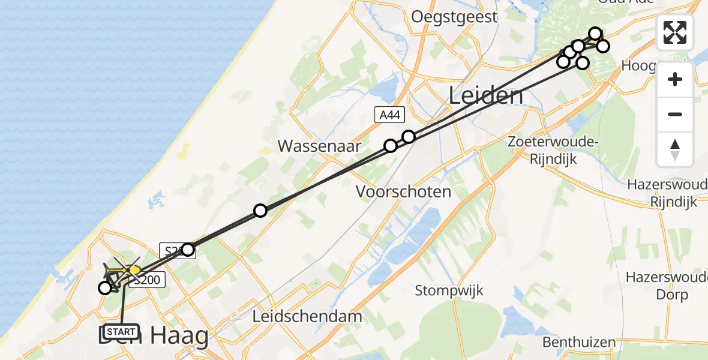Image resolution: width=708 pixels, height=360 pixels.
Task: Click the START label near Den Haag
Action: click(x=122, y=331)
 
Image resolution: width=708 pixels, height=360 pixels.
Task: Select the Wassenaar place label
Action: click(x=320, y=146)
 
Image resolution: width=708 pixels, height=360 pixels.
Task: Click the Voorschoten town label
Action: click(x=403, y=192)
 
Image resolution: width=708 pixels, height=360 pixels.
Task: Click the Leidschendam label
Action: click(x=307, y=316)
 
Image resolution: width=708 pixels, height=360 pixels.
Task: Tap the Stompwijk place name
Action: click(x=449, y=290)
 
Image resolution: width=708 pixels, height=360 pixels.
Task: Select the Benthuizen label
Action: click(x=579, y=343)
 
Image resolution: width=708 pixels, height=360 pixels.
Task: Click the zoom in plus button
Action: click(x=675, y=79)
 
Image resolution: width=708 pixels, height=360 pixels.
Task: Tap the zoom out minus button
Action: click(x=675, y=114)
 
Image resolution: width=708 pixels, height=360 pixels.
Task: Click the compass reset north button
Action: click(x=675, y=149)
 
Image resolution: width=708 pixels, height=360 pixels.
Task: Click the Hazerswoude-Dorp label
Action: click(x=665, y=286)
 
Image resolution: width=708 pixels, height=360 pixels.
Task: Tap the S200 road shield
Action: click(x=144, y=280)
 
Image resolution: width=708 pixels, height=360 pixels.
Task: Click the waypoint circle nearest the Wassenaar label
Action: click(x=391, y=145)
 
